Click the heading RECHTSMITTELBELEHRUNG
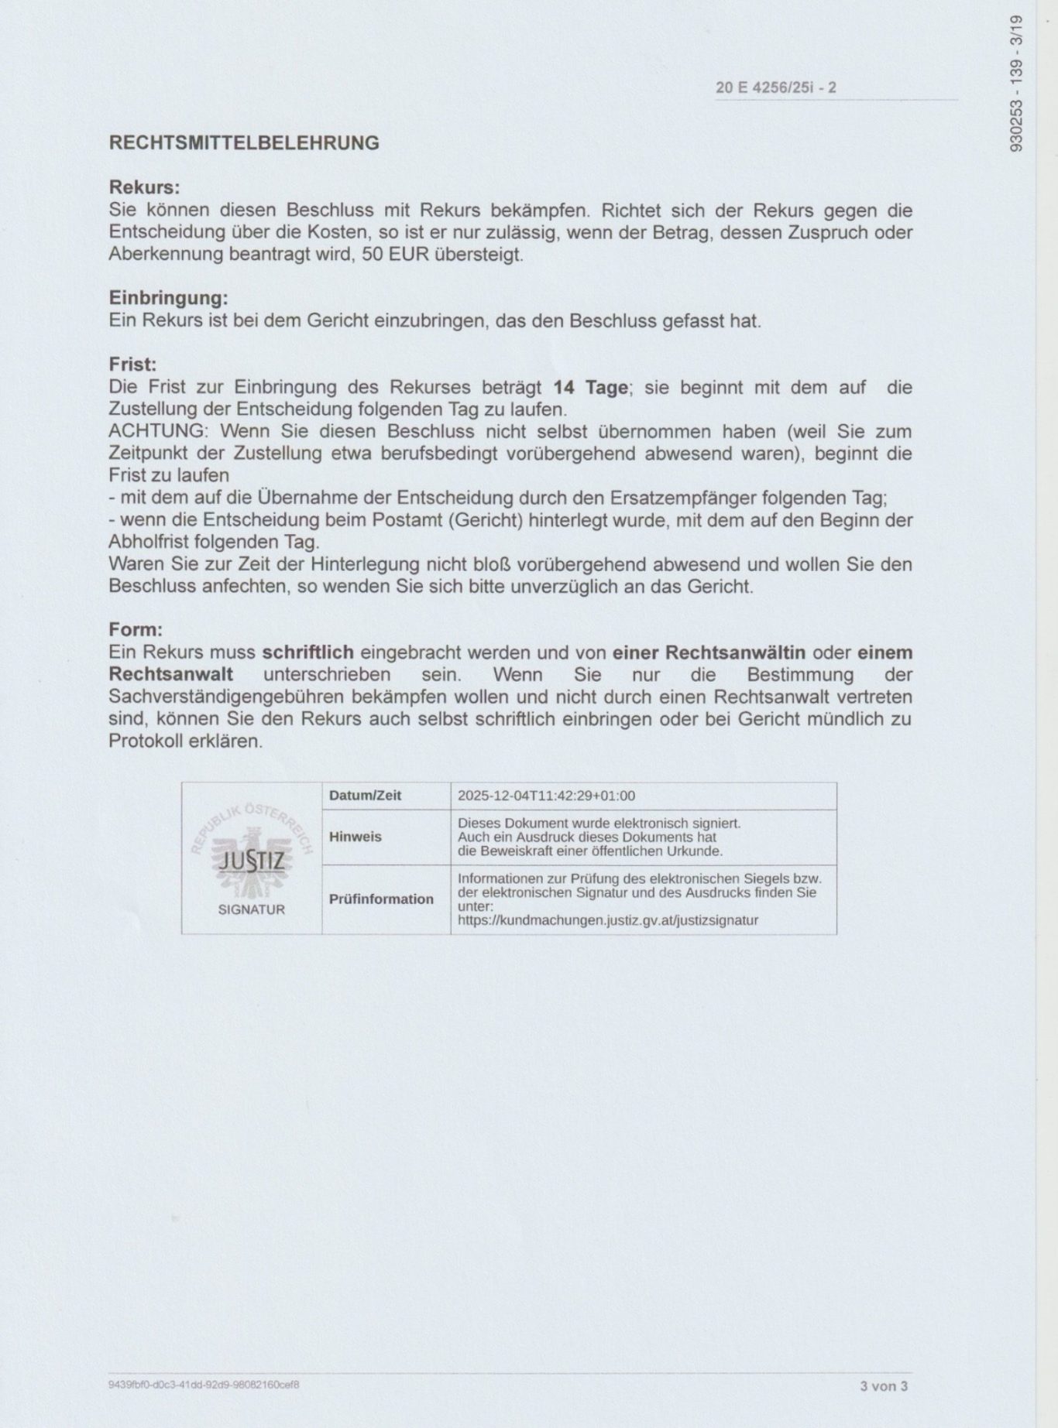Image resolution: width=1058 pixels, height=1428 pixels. point(244,143)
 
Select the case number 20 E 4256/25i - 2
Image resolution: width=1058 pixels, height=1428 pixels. point(775,87)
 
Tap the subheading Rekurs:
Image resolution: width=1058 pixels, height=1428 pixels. point(144,188)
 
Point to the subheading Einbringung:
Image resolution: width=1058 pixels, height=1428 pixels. point(168,298)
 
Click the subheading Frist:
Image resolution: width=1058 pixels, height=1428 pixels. point(132,364)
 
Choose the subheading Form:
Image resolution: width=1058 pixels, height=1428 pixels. point(136,630)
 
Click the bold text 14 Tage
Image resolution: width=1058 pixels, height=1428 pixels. point(590,387)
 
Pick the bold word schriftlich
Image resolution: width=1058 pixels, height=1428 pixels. point(307,652)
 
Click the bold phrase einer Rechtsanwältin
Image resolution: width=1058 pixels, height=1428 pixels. point(709,652)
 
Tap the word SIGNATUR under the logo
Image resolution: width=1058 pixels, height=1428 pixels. point(251,909)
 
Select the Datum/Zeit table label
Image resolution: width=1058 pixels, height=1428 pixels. point(365,796)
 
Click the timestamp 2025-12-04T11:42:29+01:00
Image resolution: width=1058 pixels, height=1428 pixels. point(546,796)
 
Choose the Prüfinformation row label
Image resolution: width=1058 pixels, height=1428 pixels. point(381,899)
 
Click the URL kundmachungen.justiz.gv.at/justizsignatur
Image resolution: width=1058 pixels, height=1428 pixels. point(607,920)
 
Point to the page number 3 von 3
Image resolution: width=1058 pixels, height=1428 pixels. point(883,1385)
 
